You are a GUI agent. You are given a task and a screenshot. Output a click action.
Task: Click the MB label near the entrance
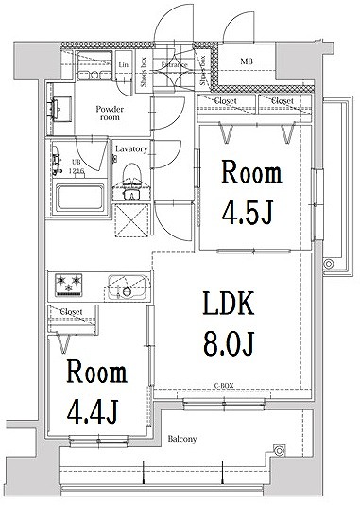click(247, 62)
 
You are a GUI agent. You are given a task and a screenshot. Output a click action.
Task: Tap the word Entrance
click(174, 65)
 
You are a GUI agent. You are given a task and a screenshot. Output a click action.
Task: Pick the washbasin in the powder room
click(60, 106)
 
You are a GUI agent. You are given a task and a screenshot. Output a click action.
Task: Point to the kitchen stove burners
click(72, 283)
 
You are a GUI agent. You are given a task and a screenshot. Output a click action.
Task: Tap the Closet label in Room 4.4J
click(71, 311)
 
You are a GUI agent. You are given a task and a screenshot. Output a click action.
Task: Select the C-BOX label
click(224, 386)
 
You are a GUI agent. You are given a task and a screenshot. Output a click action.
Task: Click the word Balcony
click(182, 439)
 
